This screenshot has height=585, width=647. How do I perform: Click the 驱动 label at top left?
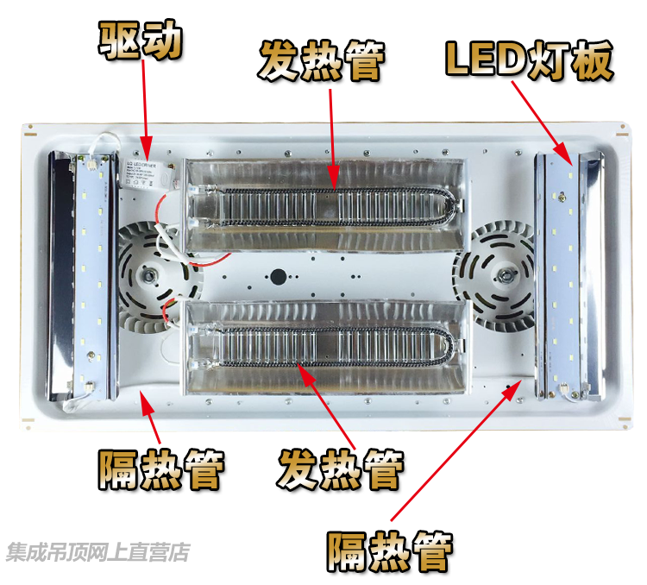point(141,41)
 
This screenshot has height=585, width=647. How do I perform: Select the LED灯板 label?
point(529,60)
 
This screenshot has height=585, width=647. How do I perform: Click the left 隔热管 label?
point(161,470)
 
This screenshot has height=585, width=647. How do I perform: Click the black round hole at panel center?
point(279,278)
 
